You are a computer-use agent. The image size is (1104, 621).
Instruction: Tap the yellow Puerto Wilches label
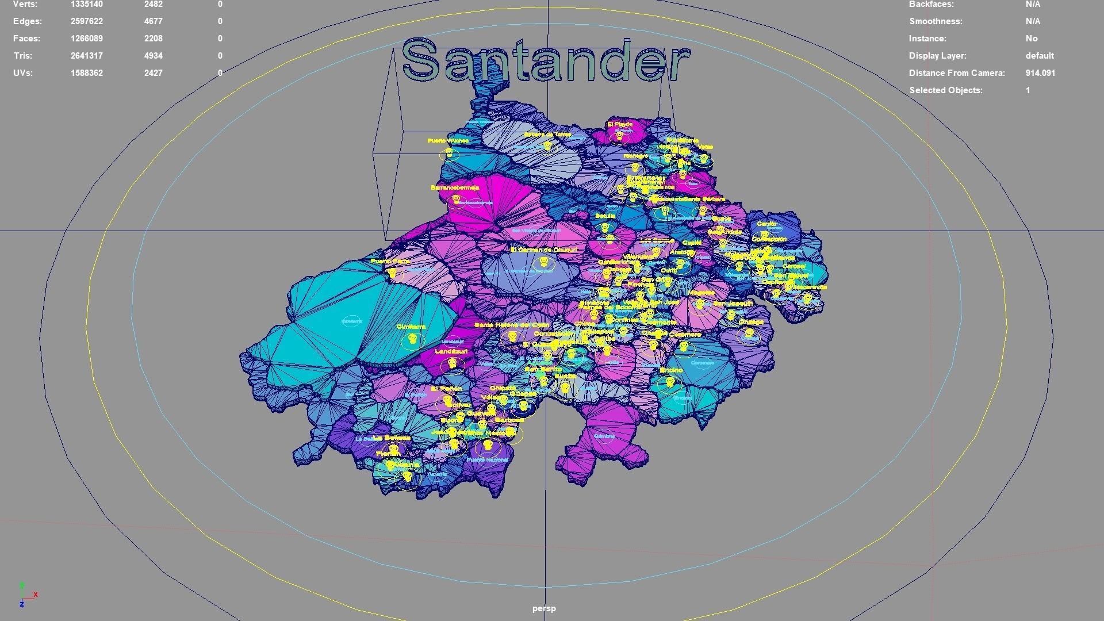point(448,141)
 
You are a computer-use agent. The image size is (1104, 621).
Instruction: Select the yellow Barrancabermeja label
point(455,188)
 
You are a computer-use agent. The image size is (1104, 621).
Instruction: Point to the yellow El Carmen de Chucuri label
point(543,250)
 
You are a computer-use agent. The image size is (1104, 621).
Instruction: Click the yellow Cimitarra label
point(411,327)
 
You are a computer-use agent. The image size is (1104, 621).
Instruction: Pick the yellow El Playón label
point(620,124)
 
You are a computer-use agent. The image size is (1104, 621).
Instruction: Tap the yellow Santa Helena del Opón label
point(511,325)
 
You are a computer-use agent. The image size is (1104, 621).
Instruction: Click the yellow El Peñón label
point(447,389)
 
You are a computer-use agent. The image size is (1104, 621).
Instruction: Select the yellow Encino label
point(671,370)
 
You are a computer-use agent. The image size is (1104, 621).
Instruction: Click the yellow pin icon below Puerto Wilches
point(449,154)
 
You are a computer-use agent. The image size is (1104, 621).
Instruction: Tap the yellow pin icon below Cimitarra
point(411,340)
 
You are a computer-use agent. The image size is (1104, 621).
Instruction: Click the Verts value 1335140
point(87,5)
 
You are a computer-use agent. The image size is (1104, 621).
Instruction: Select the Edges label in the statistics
point(28,21)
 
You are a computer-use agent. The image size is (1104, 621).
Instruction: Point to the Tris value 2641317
point(87,56)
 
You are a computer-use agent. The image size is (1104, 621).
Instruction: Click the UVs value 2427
point(154,73)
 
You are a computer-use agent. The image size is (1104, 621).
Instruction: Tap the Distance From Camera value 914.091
point(1040,73)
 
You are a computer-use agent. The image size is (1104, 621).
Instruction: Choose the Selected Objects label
point(946,90)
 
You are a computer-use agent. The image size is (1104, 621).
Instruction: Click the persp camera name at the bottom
point(544,608)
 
